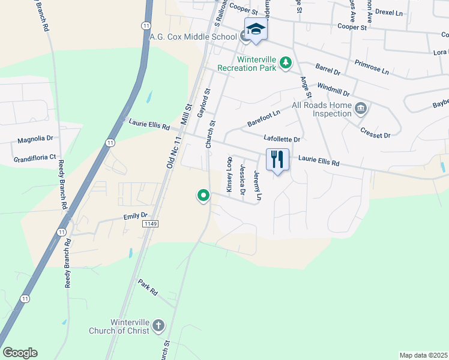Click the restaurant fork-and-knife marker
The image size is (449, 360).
pyautogui.click(x=277, y=160)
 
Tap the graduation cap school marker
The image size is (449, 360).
pyautogui.click(x=256, y=29)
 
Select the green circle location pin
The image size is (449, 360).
pyautogui.click(x=203, y=195)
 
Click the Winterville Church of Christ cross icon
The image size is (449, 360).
pyautogui.click(x=158, y=326)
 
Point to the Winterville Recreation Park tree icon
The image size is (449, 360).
pyautogui.click(x=287, y=62)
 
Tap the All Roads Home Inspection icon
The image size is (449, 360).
pyautogui.click(x=361, y=108)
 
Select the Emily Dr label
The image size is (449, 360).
pyautogui.click(x=135, y=216)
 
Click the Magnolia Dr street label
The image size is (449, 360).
pyautogui.click(x=35, y=139)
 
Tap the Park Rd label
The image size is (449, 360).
pyautogui.click(x=148, y=287)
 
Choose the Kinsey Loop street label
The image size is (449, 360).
pyautogui.click(x=229, y=175)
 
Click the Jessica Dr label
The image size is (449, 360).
pyautogui.click(x=243, y=180)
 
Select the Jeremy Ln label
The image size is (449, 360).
pyautogui.click(x=258, y=185)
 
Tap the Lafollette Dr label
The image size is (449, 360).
pyautogui.click(x=282, y=139)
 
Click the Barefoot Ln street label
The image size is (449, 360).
pyautogui.click(x=264, y=119)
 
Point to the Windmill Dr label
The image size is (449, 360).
pyautogui.click(x=333, y=90)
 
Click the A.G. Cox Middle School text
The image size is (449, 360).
pyautogui.click(x=193, y=37)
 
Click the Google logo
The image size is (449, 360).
pyautogui.click(x=20, y=353)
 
